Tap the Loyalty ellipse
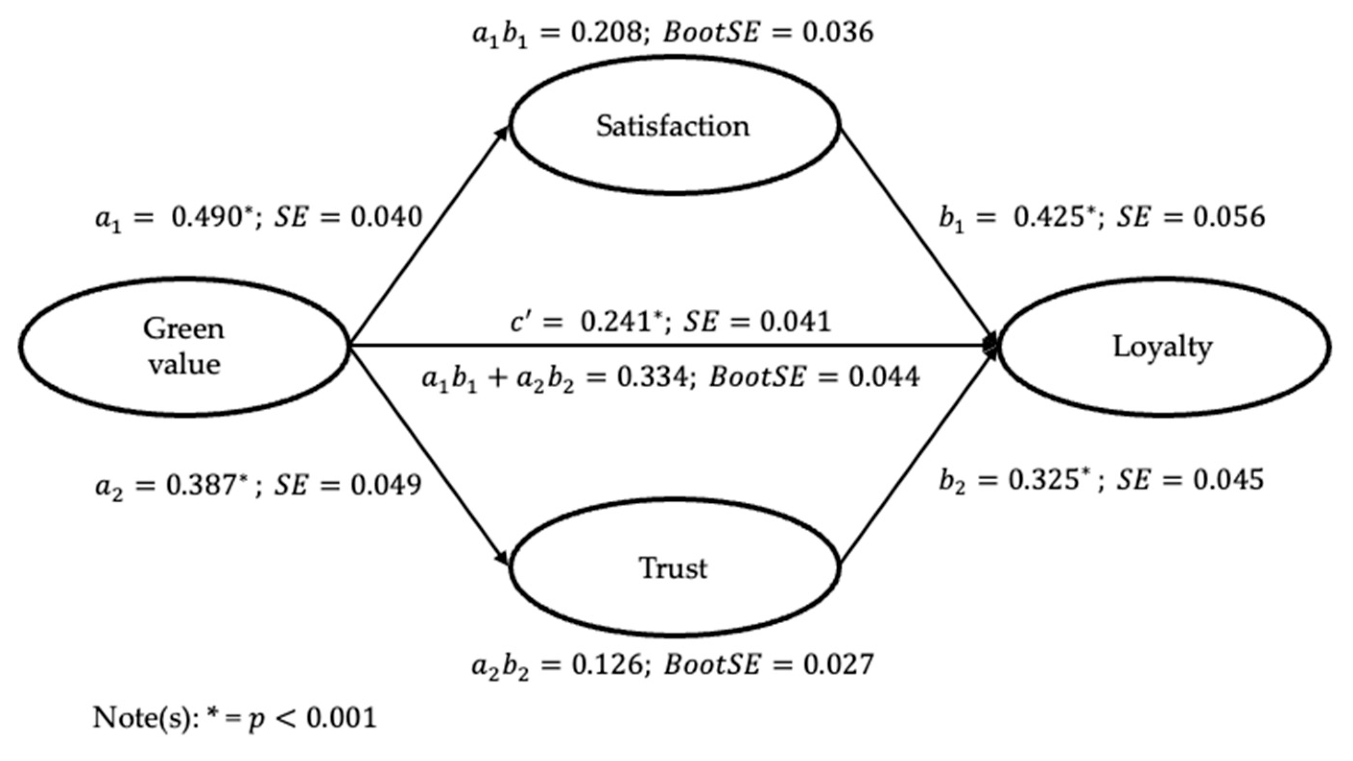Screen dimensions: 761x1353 (1163, 347)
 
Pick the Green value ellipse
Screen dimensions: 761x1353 (184, 347)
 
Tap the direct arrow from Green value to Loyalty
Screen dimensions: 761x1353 (672, 345)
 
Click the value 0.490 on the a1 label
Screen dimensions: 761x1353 (207, 217)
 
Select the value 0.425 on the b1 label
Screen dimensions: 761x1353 (1048, 217)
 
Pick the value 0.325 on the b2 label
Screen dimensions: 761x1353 (1043, 479)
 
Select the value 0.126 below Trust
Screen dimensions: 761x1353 (606, 665)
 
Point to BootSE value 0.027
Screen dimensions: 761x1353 (838, 665)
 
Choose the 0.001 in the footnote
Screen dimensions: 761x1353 (342, 717)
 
